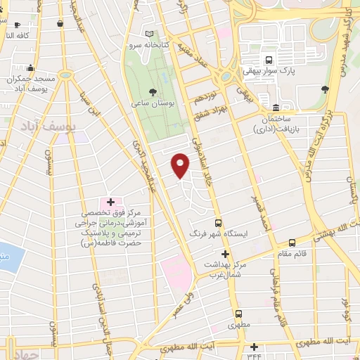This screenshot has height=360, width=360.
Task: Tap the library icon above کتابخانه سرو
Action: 148,33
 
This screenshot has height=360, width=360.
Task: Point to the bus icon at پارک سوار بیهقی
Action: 268,59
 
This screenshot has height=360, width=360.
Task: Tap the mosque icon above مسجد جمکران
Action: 30,69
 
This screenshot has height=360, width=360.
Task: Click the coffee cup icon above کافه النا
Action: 59,24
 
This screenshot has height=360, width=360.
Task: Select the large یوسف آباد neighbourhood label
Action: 42,126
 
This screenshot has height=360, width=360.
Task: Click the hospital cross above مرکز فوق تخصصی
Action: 110,202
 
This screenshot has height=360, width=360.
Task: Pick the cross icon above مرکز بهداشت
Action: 225,253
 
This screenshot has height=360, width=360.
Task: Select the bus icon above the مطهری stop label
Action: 238,314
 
